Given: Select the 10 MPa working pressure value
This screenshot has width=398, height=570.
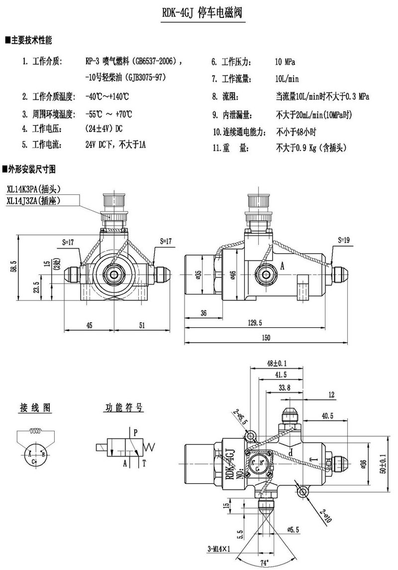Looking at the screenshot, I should (x=285, y=62).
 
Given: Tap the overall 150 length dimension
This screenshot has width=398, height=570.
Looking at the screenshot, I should (x=266, y=338).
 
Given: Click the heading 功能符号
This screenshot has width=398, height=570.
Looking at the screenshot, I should (x=123, y=408).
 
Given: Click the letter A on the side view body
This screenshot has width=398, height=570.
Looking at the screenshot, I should (x=282, y=266).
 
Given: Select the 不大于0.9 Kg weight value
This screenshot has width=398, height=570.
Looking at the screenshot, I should (x=310, y=148).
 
